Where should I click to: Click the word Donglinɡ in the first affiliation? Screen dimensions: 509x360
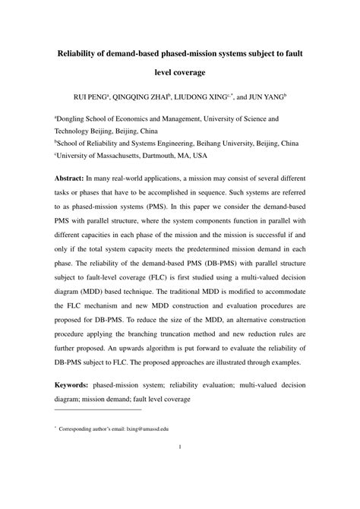76,119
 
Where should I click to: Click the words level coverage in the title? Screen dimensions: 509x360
179,74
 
